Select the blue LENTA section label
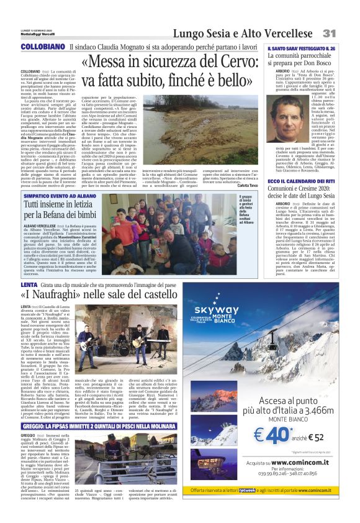pyautogui.click(x=30, y=285)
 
